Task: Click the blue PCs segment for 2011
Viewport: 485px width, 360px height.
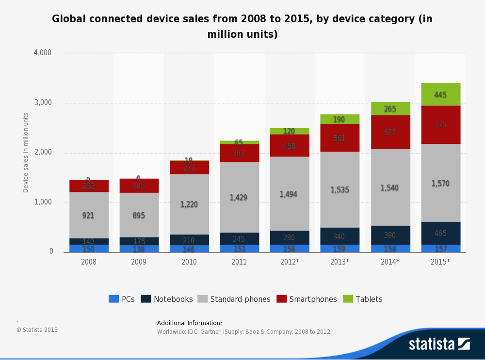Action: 239,248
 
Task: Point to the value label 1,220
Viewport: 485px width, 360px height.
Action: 189,204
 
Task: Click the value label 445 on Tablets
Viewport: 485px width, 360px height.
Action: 440,95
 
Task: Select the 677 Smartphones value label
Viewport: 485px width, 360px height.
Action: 390,132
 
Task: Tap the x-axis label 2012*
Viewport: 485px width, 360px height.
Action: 290,262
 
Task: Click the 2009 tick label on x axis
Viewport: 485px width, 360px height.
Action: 139,262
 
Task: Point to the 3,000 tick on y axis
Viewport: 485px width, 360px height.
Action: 43,103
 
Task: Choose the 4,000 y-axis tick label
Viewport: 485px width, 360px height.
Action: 43,52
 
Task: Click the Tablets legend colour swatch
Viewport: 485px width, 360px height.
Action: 347,299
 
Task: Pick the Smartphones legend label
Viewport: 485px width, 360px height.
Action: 313,299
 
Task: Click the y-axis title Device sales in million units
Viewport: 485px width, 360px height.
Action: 26,153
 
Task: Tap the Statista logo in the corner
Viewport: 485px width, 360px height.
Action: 439,344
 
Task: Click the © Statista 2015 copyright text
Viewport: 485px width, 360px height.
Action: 37,330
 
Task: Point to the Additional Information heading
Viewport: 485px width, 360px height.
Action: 189,323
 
